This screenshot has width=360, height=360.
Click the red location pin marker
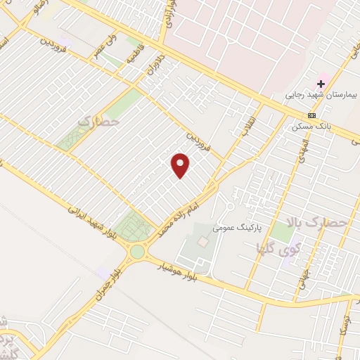coord(181,164)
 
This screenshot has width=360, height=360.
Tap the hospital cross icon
coord(321,84)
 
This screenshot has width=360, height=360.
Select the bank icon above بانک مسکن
coord(311,115)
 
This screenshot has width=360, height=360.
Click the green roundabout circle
coord(136,251)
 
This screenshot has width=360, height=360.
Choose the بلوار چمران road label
coord(106,285)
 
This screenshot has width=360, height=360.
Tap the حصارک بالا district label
coord(327,224)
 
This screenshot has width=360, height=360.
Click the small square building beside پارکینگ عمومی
coord(203,241)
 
